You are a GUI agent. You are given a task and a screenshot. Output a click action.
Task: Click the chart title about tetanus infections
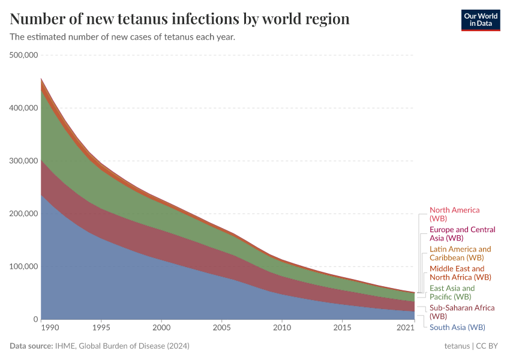[x=179, y=19]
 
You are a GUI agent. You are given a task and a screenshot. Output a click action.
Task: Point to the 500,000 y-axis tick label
[x=24, y=55]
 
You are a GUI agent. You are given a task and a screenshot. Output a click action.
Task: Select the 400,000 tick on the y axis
[x=24, y=108]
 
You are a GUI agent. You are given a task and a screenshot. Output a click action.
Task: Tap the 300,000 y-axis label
[x=24, y=161]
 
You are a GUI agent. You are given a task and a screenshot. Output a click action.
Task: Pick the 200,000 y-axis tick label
[x=24, y=214]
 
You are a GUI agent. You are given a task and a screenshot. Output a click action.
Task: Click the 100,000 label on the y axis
[x=24, y=266]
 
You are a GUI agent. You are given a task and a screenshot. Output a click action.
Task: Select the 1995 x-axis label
[x=101, y=328]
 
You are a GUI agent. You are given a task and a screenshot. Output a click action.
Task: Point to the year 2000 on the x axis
[x=161, y=328]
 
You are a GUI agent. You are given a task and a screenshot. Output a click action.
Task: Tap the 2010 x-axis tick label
[x=282, y=328]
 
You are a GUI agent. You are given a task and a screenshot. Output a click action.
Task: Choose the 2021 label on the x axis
[x=406, y=328]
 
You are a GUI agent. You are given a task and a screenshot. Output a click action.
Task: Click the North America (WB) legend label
[x=454, y=214]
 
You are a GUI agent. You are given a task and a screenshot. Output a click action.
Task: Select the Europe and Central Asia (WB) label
[x=462, y=234]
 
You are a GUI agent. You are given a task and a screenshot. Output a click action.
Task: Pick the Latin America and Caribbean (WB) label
[x=460, y=253]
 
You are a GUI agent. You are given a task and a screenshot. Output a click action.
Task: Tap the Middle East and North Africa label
[x=460, y=273]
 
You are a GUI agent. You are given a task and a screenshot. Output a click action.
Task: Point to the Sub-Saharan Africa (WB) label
[x=461, y=312]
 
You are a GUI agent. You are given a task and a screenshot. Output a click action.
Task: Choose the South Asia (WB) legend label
[x=457, y=328]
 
